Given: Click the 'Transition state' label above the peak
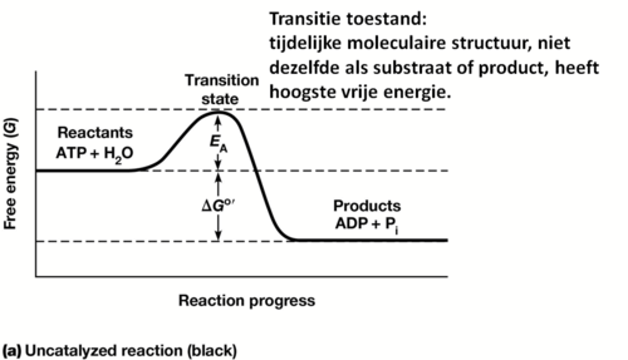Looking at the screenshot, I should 222,89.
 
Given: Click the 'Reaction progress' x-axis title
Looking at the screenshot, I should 246,300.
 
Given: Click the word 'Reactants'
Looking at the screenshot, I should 95,132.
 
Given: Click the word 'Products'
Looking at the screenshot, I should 367,205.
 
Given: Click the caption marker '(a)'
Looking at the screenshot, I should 12,351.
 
